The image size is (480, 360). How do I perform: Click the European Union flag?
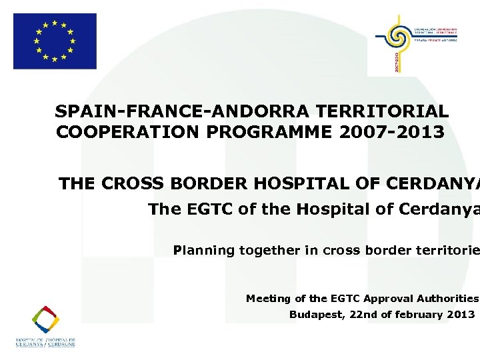click(x=55, y=41)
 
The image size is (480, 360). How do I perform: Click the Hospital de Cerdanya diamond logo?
click(x=46, y=320)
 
